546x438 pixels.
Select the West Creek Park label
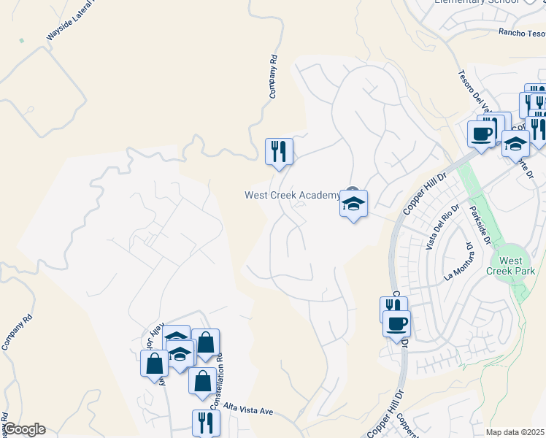click(510, 266)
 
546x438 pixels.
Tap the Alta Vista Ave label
click(248, 409)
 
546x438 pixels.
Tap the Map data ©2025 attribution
click(515, 432)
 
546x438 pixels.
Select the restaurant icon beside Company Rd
click(279, 150)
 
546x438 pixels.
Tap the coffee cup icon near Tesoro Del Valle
click(482, 134)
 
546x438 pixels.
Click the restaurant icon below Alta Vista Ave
click(206, 421)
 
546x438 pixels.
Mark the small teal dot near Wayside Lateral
click(21, 40)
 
